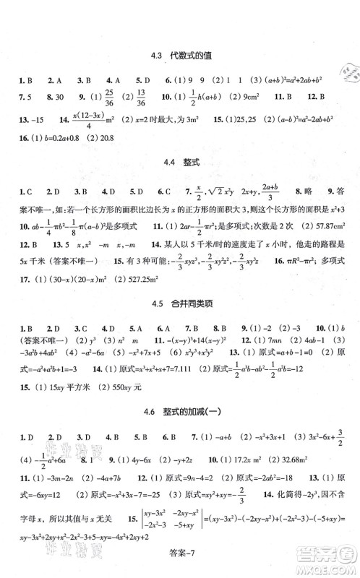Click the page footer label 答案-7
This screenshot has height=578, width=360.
(x=181, y=564)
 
